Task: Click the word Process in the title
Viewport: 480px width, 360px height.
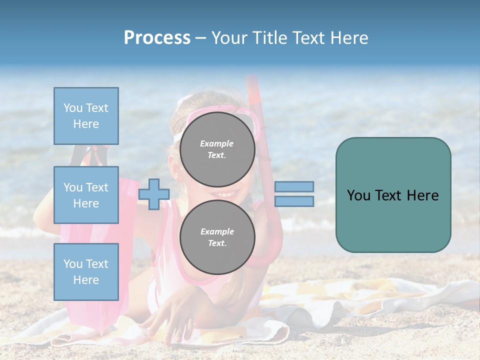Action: coord(157,38)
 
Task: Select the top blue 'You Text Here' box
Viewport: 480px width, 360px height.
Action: coord(86,116)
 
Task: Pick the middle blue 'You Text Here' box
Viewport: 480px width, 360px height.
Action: coord(86,195)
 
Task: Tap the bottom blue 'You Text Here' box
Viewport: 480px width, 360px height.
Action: coord(86,271)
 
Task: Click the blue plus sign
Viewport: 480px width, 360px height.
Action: coord(153,193)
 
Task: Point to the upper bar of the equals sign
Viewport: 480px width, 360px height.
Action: coord(294,186)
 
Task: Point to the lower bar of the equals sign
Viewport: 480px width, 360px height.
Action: coord(294,201)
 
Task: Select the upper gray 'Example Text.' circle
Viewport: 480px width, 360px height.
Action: coord(217,149)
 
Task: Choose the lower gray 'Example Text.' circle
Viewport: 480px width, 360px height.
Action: coord(217,237)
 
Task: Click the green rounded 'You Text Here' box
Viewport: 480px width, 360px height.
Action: coord(393,195)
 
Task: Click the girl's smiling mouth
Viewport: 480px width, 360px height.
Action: coord(226,194)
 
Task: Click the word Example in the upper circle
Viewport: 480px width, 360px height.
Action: coord(217,143)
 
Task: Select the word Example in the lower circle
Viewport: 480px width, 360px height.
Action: coord(217,231)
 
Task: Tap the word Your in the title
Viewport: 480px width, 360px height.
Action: coord(230,38)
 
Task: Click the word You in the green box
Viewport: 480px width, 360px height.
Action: coord(358,195)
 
